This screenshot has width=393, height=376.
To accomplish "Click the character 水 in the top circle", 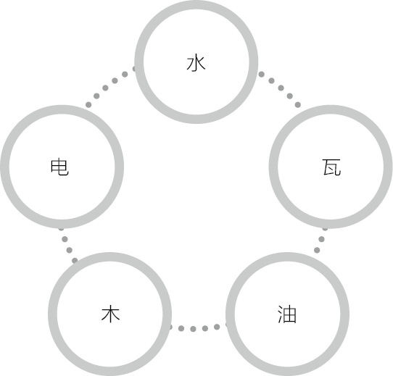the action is tap(196, 64).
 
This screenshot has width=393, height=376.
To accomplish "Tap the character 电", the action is tap(59, 167).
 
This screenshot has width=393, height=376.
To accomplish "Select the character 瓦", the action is tap(331, 167).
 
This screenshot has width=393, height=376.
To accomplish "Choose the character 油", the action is tap(287, 314).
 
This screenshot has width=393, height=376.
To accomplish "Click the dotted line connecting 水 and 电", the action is tap(110, 85).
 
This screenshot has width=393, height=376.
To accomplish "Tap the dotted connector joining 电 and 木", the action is tap(67, 245).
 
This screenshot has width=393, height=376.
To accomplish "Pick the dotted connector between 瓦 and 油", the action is tap(320, 240).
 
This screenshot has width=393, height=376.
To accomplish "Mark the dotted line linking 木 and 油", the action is tap(199, 328).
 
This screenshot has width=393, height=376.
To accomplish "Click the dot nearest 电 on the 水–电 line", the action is tap(88, 105).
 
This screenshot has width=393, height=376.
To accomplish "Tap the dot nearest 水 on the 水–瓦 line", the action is tap(262, 74).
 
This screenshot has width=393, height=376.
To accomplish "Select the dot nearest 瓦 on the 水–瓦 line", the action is tap(298, 105).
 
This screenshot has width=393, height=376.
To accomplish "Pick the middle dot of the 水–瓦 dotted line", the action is tap(281, 88).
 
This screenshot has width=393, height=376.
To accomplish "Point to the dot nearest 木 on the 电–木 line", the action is tap(75, 261).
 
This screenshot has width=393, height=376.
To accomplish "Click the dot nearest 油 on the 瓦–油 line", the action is tap(317, 250).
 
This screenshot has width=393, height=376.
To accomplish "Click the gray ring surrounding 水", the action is tap(196, 5).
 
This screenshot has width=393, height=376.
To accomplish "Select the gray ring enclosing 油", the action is tap(287, 257).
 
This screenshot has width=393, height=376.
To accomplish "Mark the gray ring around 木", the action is tap(109, 257).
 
